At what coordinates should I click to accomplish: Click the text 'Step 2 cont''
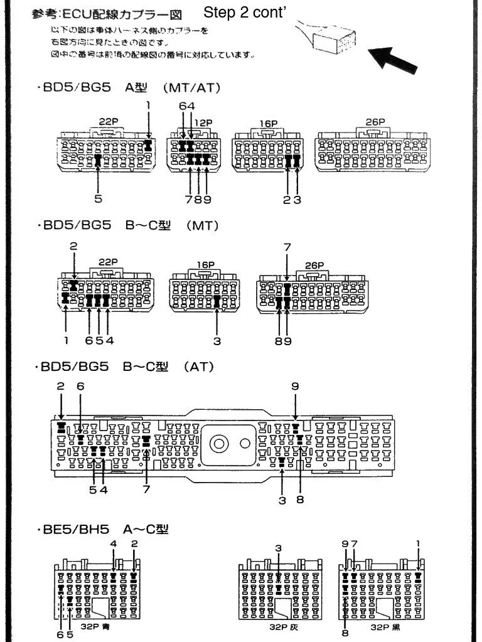click(x=245, y=13)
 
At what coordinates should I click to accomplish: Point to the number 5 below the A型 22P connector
click(x=99, y=199)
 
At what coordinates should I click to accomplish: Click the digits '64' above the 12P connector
click(x=186, y=107)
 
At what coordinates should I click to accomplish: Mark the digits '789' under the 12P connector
click(x=198, y=199)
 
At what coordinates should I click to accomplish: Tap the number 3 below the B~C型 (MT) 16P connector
click(x=217, y=341)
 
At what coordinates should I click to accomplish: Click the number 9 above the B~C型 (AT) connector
click(x=295, y=387)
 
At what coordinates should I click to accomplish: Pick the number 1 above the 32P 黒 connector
click(x=418, y=543)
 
